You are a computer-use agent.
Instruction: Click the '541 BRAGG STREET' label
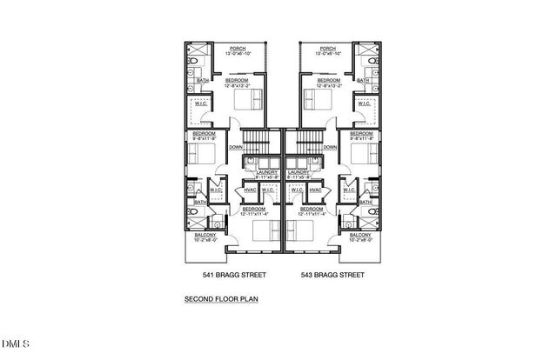pyautogui.click(x=234, y=275)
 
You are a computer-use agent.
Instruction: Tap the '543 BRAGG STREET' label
pyautogui.click(x=332, y=275)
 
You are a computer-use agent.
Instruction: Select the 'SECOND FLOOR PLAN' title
pyautogui.click(x=220, y=299)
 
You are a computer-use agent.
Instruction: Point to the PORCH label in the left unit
pyautogui.click(x=237, y=49)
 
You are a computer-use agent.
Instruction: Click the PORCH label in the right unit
pyautogui.click(x=328, y=49)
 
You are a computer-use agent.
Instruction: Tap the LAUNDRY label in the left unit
pyautogui.click(x=266, y=172)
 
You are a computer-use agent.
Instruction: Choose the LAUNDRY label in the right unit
pyautogui.click(x=299, y=172)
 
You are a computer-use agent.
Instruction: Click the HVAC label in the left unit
pyautogui.click(x=251, y=190)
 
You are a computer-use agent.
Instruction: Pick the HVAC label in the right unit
pyautogui.click(x=314, y=190)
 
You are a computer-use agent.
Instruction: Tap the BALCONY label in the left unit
pyautogui.click(x=205, y=236)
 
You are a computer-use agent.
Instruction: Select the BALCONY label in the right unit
pyautogui.click(x=359, y=236)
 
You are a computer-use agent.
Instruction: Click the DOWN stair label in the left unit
pyautogui.click(x=235, y=147)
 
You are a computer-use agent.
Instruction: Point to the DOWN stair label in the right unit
pyautogui.click(x=330, y=147)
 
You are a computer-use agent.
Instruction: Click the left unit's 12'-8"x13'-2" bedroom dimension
pyautogui.click(x=237, y=85)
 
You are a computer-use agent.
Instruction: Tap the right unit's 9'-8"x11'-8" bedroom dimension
pyautogui.click(x=361, y=138)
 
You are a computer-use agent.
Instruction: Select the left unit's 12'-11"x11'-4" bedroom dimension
pyautogui.click(x=254, y=214)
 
